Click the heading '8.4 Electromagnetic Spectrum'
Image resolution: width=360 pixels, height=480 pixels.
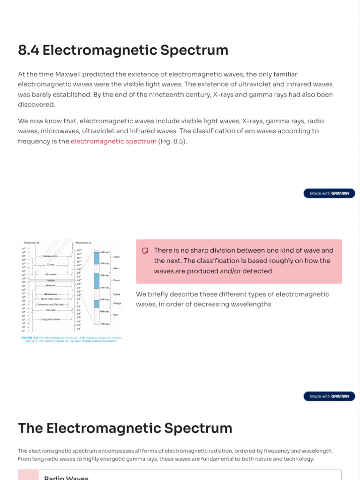point(123,50)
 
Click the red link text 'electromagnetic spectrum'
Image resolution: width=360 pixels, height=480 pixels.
point(113,141)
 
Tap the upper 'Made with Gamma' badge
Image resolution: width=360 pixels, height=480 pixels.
point(329,193)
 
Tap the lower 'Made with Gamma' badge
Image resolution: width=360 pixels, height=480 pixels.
point(329,396)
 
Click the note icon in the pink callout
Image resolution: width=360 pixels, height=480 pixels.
point(145,251)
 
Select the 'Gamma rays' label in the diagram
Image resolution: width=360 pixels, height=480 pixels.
point(50,256)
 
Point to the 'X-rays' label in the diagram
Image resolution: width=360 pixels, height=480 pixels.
point(51,265)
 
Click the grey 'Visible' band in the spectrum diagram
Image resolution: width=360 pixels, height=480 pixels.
point(51,280)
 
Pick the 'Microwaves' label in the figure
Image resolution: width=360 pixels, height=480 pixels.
point(51,294)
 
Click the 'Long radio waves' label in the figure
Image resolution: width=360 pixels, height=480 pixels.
point(51,319)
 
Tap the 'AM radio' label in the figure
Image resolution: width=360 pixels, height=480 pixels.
point(51,310)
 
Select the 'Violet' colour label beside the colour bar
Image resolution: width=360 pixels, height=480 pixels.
point(116,257)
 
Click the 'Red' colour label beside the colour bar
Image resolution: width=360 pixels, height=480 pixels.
point(115,315)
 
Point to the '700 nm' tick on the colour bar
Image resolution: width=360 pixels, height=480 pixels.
point(105,324)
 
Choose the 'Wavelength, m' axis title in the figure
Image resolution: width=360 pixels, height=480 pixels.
point(83,243)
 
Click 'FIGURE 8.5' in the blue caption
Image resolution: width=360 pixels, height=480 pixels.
point(30,337)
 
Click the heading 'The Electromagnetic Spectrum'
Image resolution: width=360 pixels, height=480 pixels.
point(125,428)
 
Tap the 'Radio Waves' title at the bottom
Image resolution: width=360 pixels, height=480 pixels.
point(66,477)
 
